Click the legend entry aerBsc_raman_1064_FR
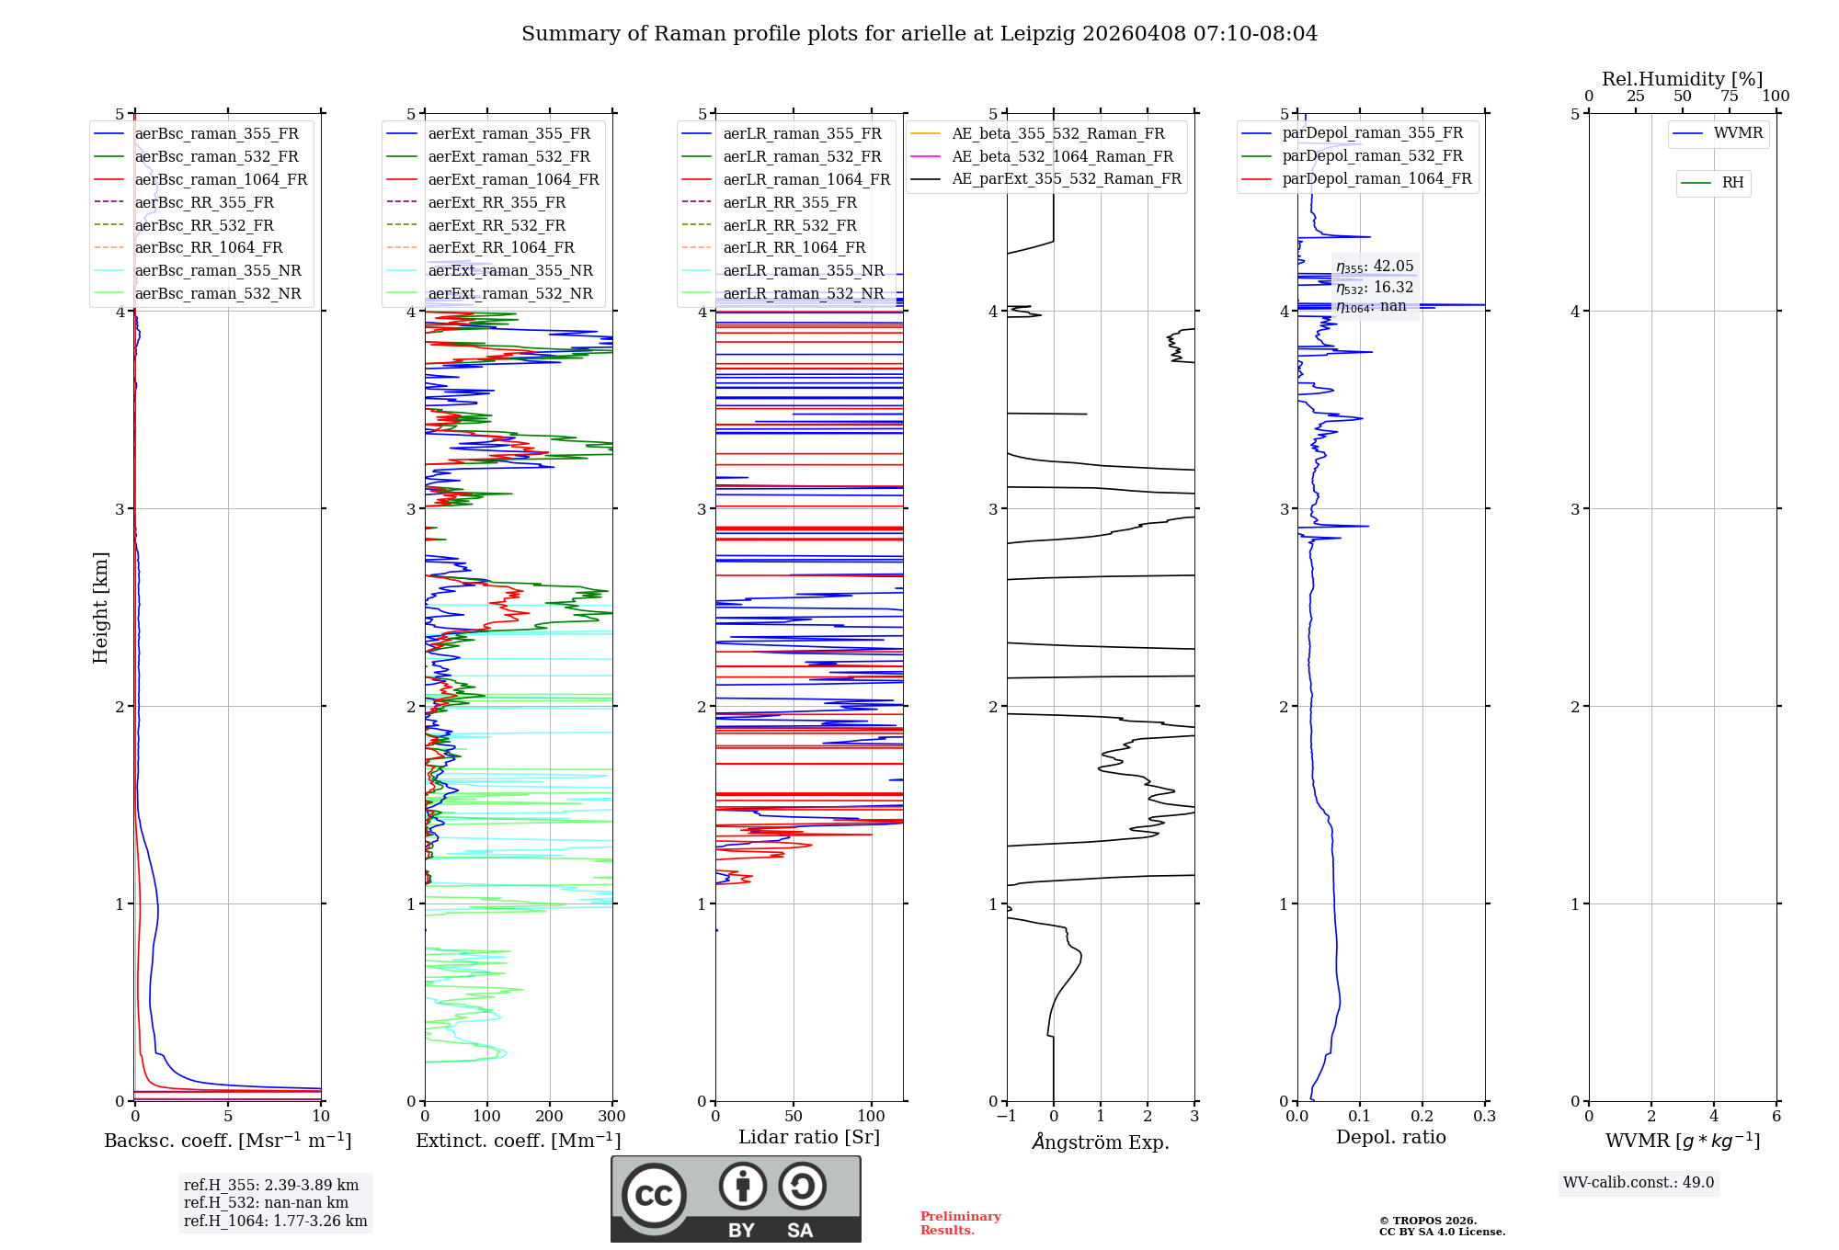click(221, 179)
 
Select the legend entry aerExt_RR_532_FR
click(497, 225)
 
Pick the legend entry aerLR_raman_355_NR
click(803, 270)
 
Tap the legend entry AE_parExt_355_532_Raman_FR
click(1066, 178)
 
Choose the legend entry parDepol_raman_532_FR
click(1372, 156)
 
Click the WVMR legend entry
click(1738, 133)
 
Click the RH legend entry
click(1732, 183)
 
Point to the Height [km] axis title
click(100, 608)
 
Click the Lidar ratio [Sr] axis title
click(809, 1137)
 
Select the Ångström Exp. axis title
click(1101, 1142)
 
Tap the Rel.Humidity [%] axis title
click(1682, 79)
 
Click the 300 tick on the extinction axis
click(611, 1117)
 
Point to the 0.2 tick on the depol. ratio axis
click(1422, 1117)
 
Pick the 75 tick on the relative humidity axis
click(1730, 97)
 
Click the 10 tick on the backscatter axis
click(321, 1117)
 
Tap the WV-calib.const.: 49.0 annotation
click(1639, 1183)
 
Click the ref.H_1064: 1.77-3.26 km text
click(275, 1222)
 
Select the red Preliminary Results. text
click(960, 1223)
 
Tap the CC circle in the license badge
click(654, 1195)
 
